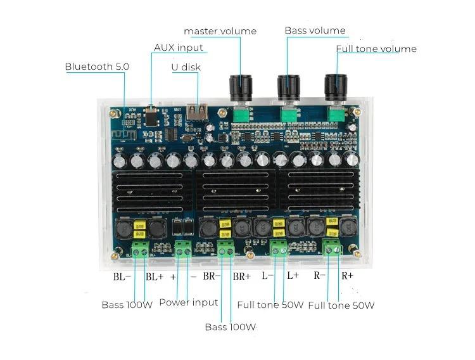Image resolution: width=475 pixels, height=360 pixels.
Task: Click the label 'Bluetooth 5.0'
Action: tap(97, 67)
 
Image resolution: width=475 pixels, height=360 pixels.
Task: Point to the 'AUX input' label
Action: tap(179, 48)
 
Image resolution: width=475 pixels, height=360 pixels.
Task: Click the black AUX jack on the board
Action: tap(151, 116)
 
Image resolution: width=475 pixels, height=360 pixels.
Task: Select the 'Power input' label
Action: tap(188, 302)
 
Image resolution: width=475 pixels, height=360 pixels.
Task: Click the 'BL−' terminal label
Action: tap(122, 276)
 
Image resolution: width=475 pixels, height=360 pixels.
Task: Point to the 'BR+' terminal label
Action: tap(242, 276)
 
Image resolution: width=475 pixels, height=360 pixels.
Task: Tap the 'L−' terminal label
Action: tap(267, 276)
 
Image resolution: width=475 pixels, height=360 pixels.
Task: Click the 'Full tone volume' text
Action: tap(376, 49)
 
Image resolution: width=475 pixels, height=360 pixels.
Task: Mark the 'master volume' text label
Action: tap(220, 31)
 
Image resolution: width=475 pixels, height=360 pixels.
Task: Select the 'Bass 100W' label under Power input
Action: tap(230, 327)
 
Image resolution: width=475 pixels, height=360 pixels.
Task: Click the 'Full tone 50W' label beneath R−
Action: tap(341, 305)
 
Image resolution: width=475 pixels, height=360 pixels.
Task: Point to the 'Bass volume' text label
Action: tap(315, 30)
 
